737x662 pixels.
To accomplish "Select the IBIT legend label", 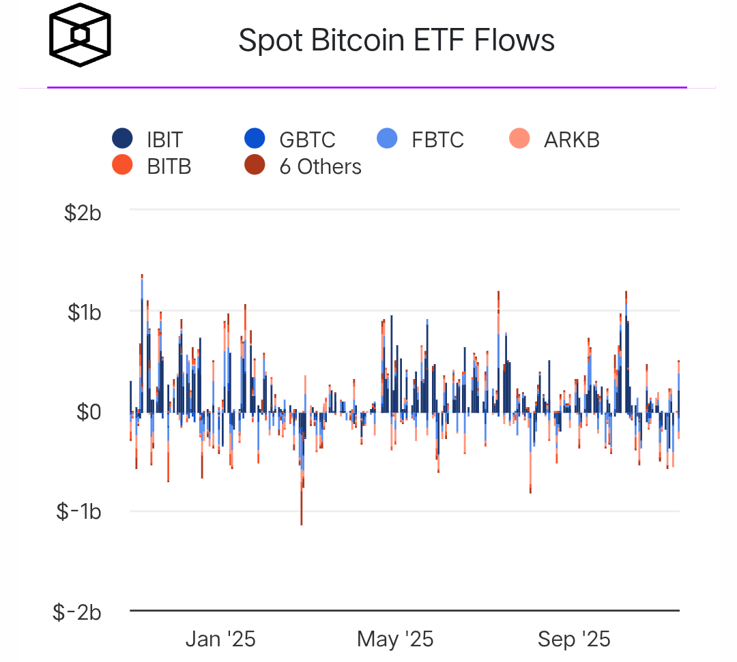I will point(164,140).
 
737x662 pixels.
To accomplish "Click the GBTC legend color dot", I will point(255,139).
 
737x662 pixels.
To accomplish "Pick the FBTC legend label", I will point(437,140).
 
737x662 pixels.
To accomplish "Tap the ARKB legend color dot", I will point(520,139).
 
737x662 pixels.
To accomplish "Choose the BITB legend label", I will point(169,166).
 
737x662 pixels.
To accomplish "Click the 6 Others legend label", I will point(320,166).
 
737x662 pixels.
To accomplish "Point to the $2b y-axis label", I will point(83,213).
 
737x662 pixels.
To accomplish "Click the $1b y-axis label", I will point(84,313).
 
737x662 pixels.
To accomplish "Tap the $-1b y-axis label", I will point(78,512).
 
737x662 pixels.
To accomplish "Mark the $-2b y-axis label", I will point(77,612).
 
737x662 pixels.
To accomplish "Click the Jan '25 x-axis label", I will point(220,640).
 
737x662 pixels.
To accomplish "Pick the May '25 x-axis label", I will point(395,640).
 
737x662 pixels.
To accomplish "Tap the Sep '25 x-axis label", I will point(574,640).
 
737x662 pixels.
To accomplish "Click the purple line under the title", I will point(366,87).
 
